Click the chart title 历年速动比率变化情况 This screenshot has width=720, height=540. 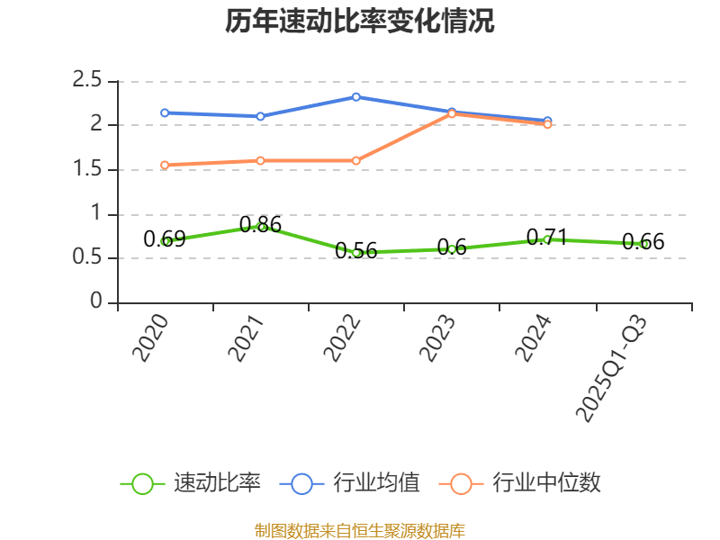[x=360, y=22]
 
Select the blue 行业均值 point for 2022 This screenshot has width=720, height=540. [x=356, y=96]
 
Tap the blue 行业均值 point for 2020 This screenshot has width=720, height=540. [x=165, y=112]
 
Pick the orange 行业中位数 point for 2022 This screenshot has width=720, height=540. [x=356, y=160]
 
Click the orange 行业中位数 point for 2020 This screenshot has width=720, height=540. [x=165, y=165]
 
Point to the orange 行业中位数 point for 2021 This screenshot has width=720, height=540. [x=260, y=160]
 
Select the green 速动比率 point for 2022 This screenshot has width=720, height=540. [x=356, y=253]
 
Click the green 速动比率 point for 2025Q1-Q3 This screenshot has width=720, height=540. [x=643, y=244]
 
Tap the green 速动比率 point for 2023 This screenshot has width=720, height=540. [x=452, y=249]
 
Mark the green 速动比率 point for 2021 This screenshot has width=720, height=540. [x=261, y=227]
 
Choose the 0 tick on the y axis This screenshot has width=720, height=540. [x=96, y=302]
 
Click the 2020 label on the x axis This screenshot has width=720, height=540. [x=150, y=338]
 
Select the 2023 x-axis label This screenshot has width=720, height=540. [x=437, y=338]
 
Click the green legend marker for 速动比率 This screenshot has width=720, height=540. [x=142, y=483]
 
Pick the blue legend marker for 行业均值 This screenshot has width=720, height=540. [x=301, y=483]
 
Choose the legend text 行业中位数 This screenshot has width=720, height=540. [x=546, y=483]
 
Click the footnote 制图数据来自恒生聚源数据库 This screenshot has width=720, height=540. [x=360, y=530]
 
